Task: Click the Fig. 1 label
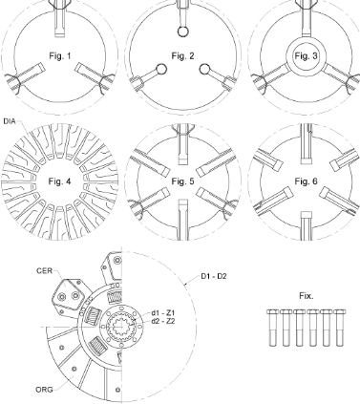tap(60, 56)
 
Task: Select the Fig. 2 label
tap(182, 56)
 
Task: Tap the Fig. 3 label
tap(306, 56)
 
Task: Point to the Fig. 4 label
tap(59, 181)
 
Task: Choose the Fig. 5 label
tap(182, 181)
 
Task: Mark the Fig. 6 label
tap(306, 181)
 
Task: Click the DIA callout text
tap(10, 121)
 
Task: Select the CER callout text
tap(44, 271)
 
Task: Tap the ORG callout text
tap(44, 390)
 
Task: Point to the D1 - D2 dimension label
tap(214, 276)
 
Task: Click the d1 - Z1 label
tap(163, 312)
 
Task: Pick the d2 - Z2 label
tap(163, 321)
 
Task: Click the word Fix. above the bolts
tap(307, 296)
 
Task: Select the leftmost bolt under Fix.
tap(273, 328)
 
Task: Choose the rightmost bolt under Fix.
tap(340, 328)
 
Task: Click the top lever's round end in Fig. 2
tap(183, 32)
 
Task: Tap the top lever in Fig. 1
tap(60, 18)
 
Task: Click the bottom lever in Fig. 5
tap(183, 220)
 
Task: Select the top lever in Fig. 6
tap(307, 144)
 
